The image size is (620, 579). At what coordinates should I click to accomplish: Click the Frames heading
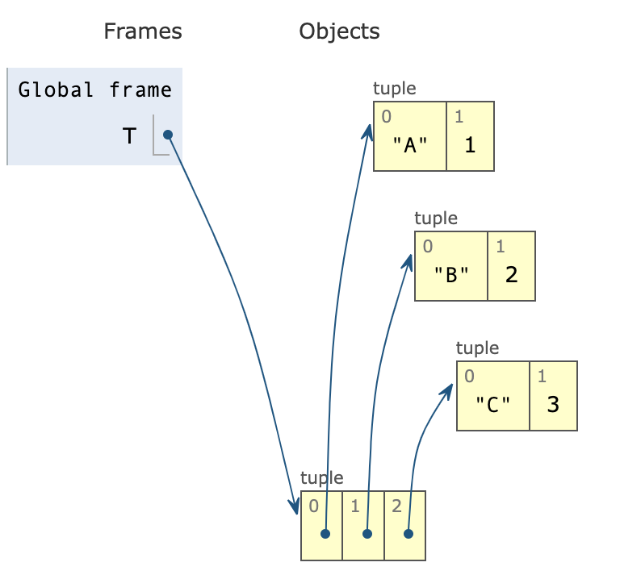[x=143, y=31]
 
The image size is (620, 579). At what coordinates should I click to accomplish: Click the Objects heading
[x=339, y=31]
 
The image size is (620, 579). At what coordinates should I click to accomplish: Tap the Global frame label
[x=95, y=90]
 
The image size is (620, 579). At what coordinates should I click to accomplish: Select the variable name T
[x=129, y=136]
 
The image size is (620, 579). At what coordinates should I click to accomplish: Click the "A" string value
[x=409, y=146]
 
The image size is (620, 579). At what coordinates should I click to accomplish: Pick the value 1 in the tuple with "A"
[x=470, y=146]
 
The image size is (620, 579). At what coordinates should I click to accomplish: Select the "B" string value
[x=451, y=275]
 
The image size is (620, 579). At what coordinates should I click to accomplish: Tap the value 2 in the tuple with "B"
[x=511, y=275]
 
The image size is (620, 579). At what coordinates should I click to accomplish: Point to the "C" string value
[x=492, y=405]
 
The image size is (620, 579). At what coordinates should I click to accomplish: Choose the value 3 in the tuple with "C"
[x=553, y=405]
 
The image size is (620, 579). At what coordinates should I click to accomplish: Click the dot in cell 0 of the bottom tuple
[x=325, y=534]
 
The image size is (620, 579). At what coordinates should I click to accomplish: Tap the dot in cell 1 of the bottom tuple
[x=367, y=534]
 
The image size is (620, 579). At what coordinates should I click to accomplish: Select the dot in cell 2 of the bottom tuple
[x=408, y=534]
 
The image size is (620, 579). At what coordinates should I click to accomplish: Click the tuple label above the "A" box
[x=395, y=89]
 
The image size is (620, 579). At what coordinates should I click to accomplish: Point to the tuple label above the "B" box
[x=436, y=218]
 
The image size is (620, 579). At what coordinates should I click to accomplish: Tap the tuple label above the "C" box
[x=477, y=348]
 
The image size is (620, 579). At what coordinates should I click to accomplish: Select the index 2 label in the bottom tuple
[x=396, y=506]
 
